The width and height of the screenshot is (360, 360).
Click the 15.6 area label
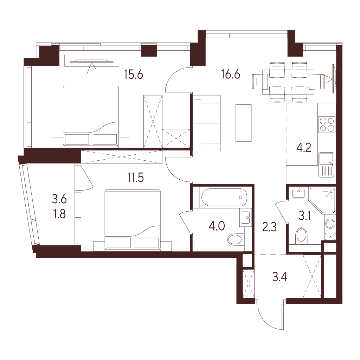point(133,75)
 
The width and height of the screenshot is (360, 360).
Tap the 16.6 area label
point(231,75)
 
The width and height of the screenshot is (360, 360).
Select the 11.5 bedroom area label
point(135,178)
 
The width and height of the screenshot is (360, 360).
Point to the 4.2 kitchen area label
point(303,148)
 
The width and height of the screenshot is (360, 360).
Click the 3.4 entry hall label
point(279,277)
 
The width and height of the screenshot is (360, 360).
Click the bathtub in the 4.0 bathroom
point(224,197)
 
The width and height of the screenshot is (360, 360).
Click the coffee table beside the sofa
point(243,123)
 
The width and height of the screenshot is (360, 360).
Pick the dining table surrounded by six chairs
point(288,82)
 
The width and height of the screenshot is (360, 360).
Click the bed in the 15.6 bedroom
point(91,116)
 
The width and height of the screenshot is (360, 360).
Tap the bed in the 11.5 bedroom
point(133,219)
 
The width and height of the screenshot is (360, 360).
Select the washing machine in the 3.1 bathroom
point(330,223)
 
